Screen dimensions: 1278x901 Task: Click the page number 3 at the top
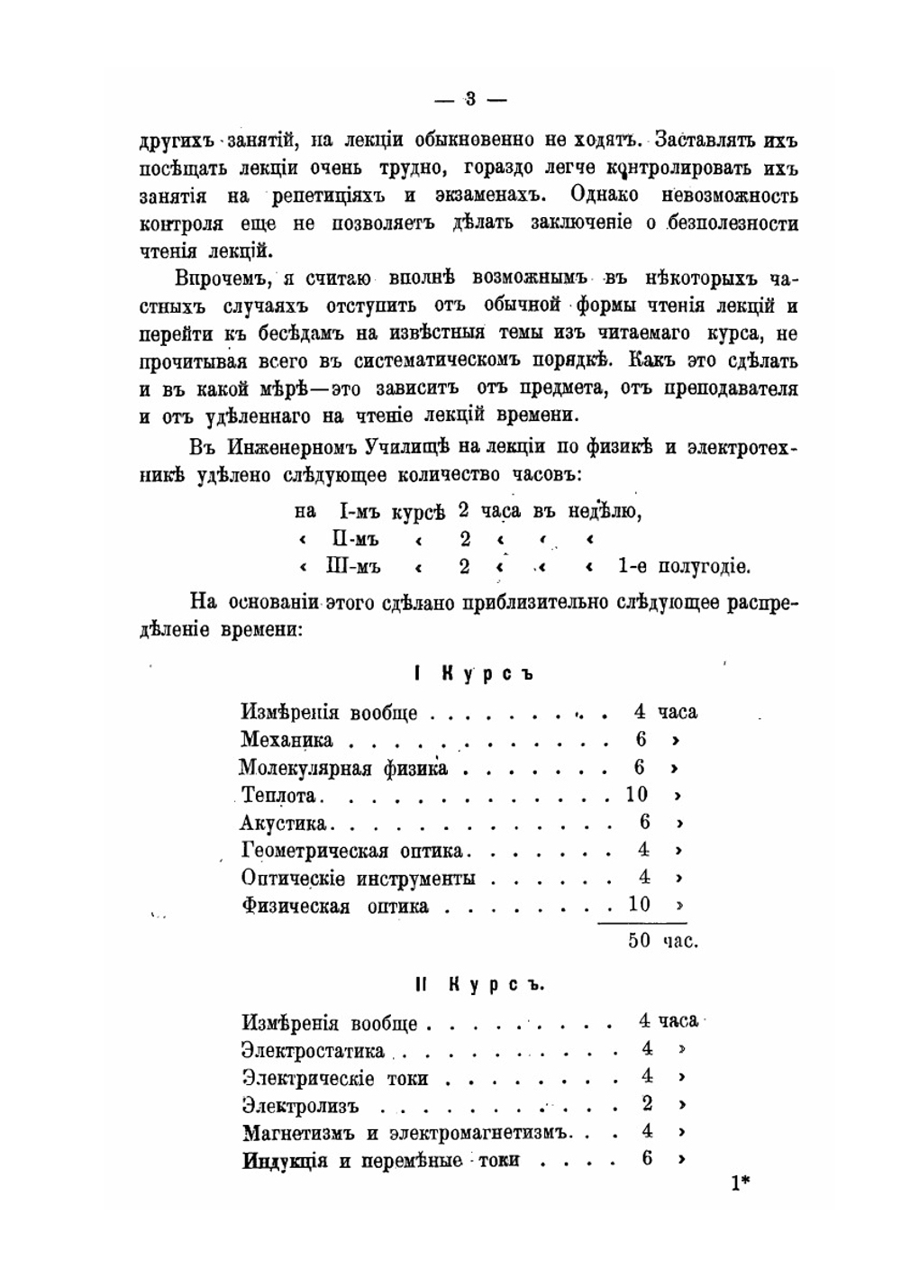coord(470,98)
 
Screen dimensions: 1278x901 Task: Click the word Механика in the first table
coord(287,740)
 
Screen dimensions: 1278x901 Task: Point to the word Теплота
coord(279,796)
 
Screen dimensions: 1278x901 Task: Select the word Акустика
coord(286,823)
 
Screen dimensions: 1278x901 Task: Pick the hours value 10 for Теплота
coord(636,795)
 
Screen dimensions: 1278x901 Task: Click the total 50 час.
coord(662,941)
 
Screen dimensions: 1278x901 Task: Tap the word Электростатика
coord(314,1051)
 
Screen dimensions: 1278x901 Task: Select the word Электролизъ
coord(301,1105)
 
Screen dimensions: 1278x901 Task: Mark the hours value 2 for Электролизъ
coord(647,1103)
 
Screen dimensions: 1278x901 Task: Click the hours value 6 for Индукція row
coord(647,1158)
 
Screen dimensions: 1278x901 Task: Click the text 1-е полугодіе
coord(684,567)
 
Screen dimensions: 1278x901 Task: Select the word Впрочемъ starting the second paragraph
coord(221,278)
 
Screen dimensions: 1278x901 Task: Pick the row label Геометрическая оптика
coord(351,850)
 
